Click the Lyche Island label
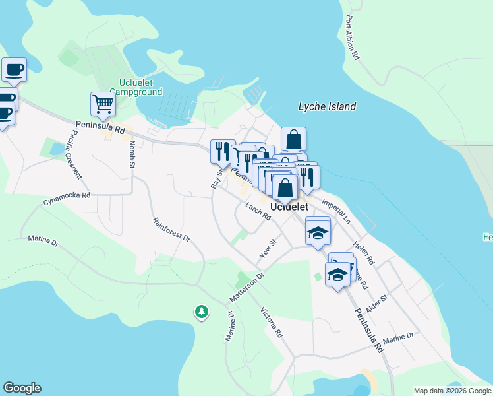[x=327, y=106]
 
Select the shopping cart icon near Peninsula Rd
[x=103, y=104]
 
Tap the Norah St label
[x=132, y=153]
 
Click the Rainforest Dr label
[x=171, y=229]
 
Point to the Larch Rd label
[x=258, y=211]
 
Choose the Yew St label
[x=266, y=249]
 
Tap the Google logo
[x=22, y=388]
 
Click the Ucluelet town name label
[x=290, y=207]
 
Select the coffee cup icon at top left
[x=14, y=69]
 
